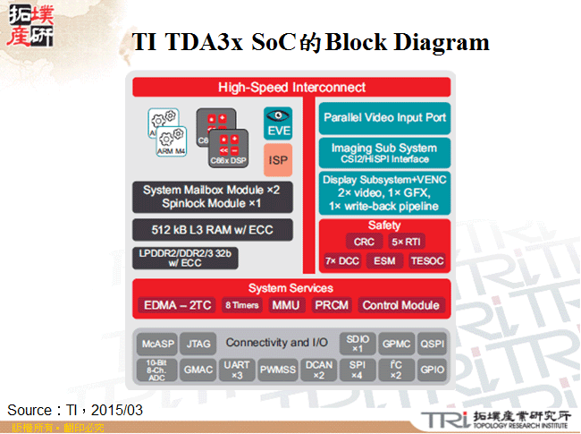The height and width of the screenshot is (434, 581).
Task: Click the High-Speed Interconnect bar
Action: point(291,87)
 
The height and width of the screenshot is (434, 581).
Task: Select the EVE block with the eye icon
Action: point(278,123)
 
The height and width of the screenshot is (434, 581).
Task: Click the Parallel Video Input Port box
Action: point(384,118)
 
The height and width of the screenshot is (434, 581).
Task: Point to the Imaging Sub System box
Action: point(384,151)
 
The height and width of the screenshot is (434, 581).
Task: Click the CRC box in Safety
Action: point(364,242)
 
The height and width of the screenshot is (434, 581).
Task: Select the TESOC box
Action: point(425,261)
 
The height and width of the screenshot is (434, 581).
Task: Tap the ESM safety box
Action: point(384,261)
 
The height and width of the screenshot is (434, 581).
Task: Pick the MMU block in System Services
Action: point(286,305)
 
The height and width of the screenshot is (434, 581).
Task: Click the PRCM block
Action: point(332,305)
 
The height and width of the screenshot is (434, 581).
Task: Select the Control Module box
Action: point(400,305)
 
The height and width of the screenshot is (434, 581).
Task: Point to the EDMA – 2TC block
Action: point(177,305)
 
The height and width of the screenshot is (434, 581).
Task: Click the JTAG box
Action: point(196,344)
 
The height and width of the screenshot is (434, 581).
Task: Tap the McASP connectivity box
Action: point(156,344)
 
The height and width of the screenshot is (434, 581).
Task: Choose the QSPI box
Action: point(433,344)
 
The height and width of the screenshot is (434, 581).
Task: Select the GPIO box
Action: point(433,368)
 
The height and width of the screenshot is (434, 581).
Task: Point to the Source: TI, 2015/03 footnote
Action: point(75,410)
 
